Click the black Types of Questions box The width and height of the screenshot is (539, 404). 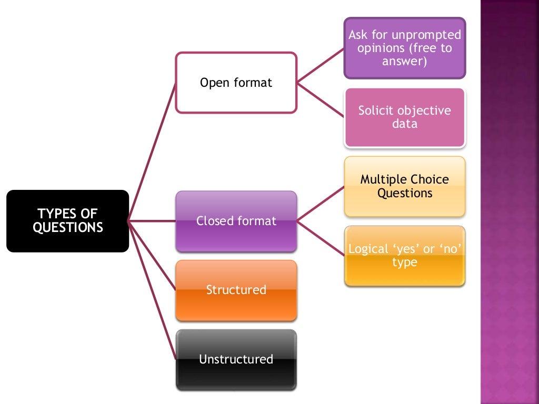pos(67,221)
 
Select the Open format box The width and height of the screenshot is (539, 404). pos(236,83)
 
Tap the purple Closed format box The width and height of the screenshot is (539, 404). pos(236,221)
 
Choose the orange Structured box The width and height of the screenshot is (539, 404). pos(236,290)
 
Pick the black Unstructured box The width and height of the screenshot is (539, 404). pos(236,360)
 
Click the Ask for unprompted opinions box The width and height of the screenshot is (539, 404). pos(404,48)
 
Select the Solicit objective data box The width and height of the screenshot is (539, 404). pos(404,117)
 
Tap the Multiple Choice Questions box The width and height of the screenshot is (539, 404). pos(404,186)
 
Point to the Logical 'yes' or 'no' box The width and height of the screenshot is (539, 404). pos(404,256)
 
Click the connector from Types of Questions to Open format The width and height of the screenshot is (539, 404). pos(152,152)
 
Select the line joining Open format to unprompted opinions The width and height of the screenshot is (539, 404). pos(320,66)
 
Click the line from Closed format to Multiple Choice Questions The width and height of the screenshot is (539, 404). pos(320,204)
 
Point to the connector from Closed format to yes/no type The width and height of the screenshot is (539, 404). pos(320,238)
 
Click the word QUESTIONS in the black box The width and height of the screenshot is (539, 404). pos(67,228)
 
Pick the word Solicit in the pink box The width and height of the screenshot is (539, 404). pos(376,110)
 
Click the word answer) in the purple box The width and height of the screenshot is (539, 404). pos(404,62)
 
